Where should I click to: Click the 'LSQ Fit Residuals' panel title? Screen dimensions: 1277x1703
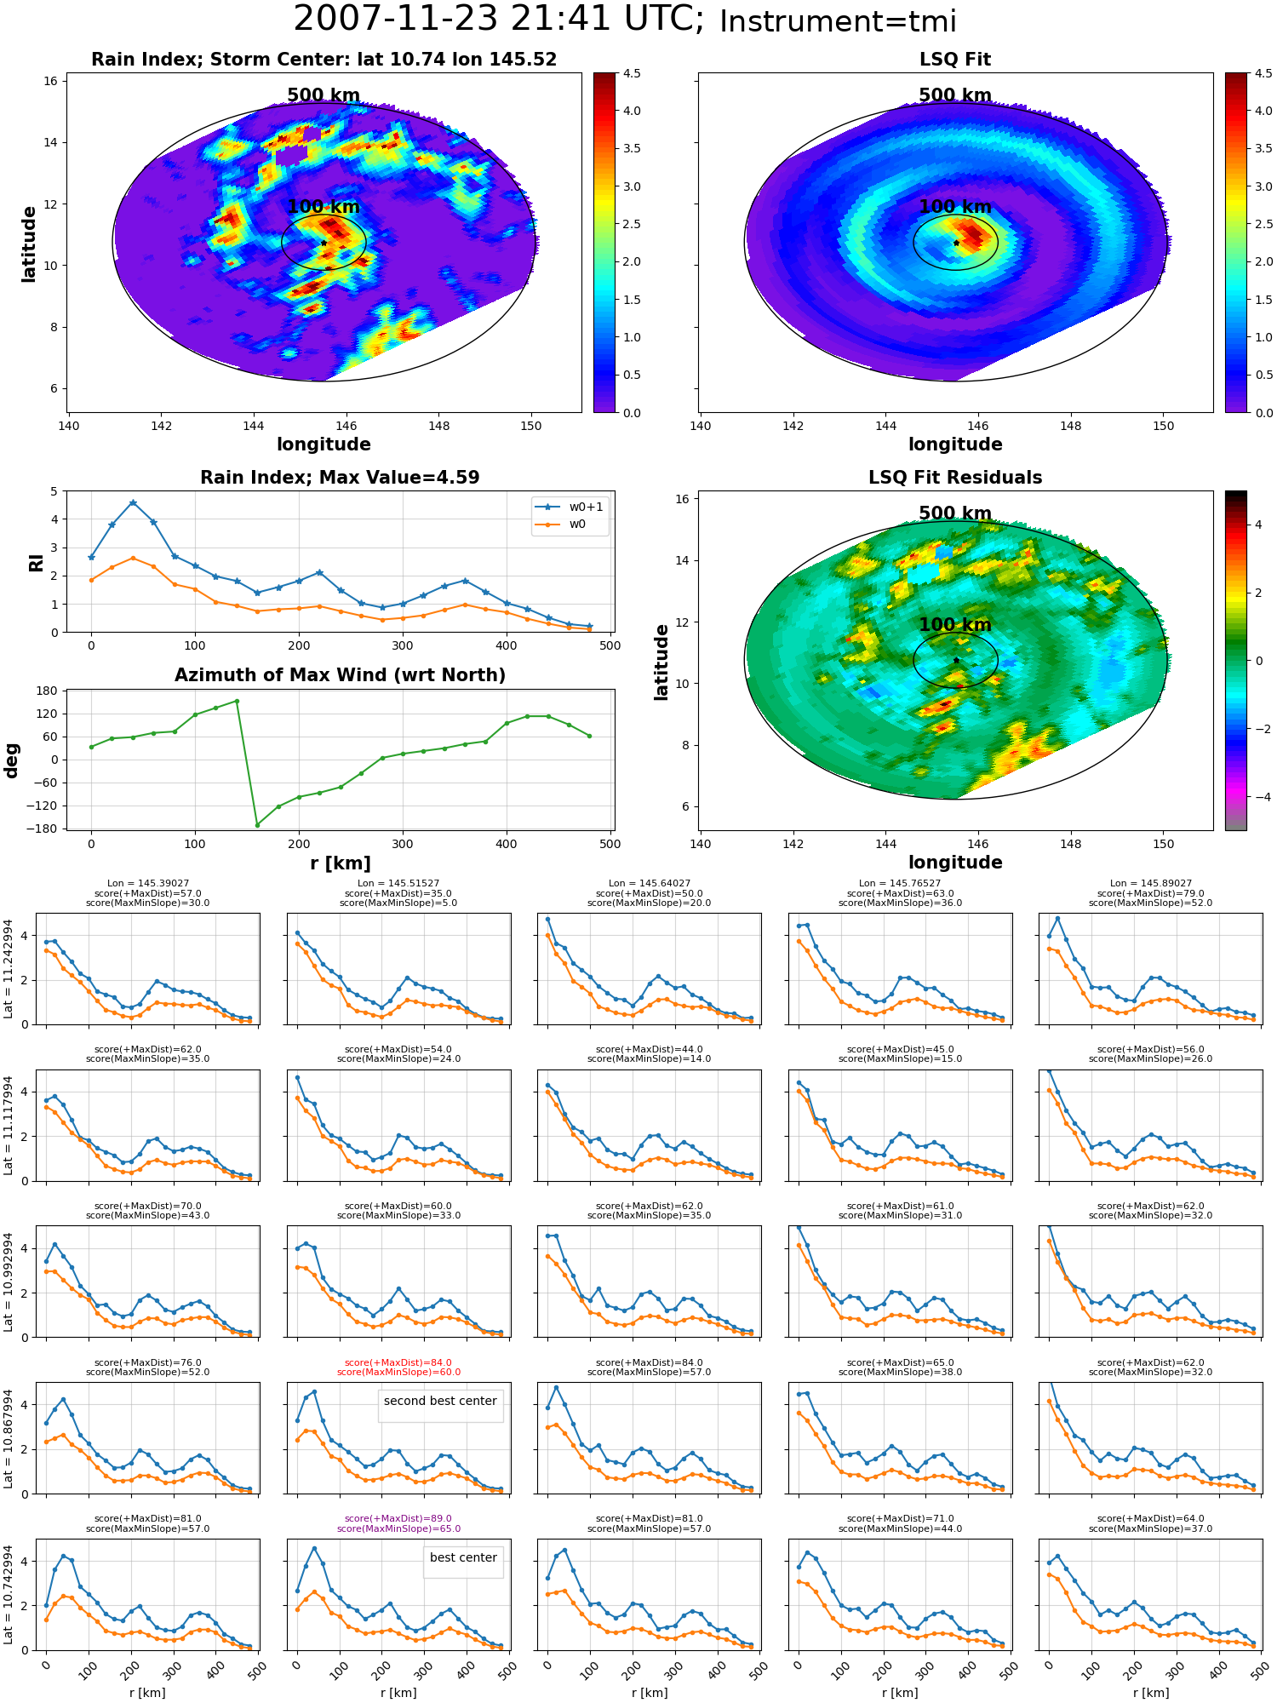[955, 478]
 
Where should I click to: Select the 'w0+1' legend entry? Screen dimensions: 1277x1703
[570, 507]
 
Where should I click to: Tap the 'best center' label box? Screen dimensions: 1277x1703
[463, 1557]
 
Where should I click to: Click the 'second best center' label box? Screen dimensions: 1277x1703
[440, 1401]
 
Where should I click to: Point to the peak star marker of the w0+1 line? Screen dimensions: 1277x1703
[133, 503]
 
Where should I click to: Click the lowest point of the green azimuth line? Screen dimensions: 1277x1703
[257, 825]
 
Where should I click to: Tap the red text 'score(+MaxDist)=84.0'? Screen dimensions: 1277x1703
[398, 1362]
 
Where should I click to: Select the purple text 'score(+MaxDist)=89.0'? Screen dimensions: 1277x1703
[398, 1519]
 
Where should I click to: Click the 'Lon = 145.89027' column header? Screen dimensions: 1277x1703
[1150, 884]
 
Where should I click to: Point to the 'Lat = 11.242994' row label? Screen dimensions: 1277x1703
[9, 969]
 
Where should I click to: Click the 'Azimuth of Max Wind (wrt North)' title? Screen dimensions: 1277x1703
[340, 675]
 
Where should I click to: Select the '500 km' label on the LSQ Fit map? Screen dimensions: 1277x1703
[955, 95]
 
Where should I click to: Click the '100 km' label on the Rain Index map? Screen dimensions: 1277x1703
[324, 207]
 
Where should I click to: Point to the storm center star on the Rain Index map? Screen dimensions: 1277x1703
[324, 243]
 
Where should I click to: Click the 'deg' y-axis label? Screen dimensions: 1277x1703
[12, 760]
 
